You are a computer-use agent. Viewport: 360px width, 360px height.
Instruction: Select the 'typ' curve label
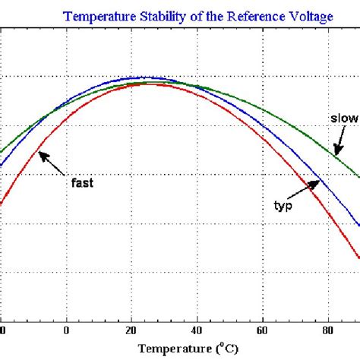[x=283, y=204]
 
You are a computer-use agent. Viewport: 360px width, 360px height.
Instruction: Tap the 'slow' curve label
[x=343, y=118]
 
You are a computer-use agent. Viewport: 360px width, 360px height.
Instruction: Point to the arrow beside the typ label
[x=308, y=187]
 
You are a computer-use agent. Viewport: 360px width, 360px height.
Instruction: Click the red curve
[x=228, y=122]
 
